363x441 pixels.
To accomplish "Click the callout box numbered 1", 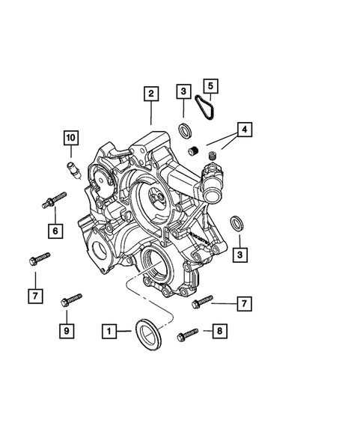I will click(x=110, y=329).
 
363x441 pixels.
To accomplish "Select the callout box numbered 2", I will click(x=151, y=94).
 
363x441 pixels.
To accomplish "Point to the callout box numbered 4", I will click(x=244, y=129).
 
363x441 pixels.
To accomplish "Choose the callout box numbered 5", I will click(x=211, y=86).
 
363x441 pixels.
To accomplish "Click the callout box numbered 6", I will click(x=55, y=231).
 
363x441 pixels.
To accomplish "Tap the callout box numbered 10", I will click(x=70, y=138).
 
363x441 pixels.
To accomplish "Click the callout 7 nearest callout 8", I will click(x=243, y=303).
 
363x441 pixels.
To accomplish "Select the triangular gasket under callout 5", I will click(x=203, y=108).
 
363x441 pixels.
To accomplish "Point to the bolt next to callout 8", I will click(x=188, y=335).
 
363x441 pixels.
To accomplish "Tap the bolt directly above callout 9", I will click(x=70, y=300).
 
